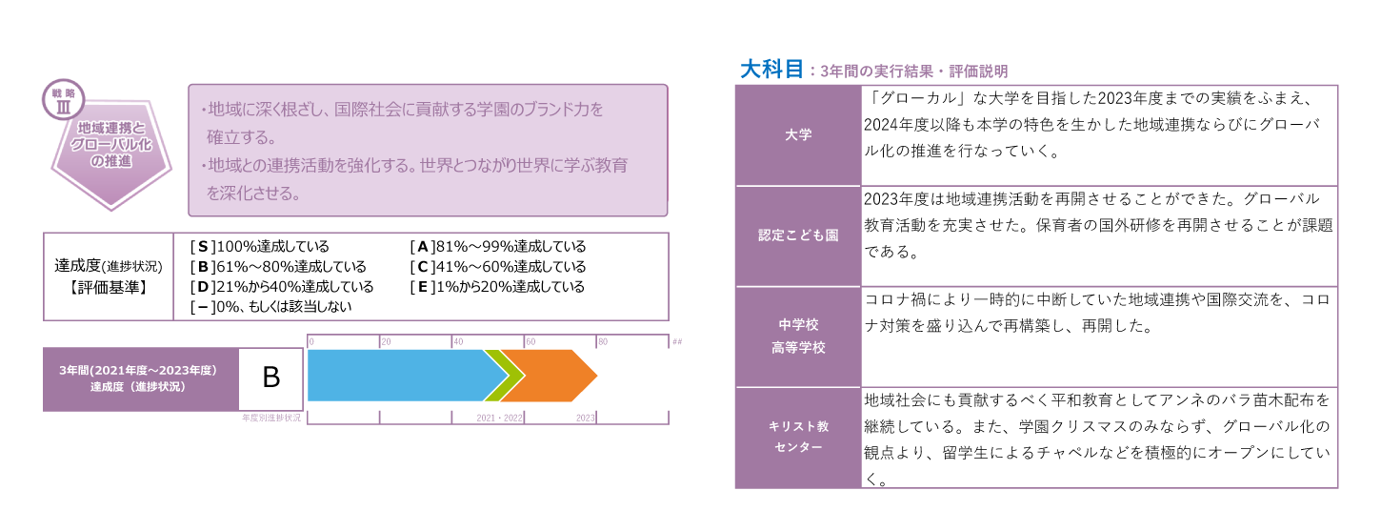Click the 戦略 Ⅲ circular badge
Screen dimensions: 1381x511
pyautogui.click(x=63, y=99)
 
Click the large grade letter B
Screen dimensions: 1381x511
pyautogui.click(x=271, y=378)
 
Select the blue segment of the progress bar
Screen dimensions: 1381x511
pyautogui.click(x=401, y=376)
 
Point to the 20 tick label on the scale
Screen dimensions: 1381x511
pyautogui.click(x=386, y=342)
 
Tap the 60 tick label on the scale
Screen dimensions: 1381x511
pyautogui.click(x=530, y=342)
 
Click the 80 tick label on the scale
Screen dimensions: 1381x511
pyautogui.click(x=603, y=342)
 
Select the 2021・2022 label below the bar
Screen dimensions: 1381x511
pyautogui.click(x=499, y=418)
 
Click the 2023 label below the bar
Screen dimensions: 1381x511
pyautogui.click(x=585, y=418)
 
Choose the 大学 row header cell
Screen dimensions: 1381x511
pyautogui.click(x=798, y=135)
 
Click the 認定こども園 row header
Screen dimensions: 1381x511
pyautogui.click(x=798, y=235)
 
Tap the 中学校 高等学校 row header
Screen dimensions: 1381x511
pyautogui.click(x=798, y=337)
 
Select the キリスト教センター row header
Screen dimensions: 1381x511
pyautogui.click(x=798, y=437)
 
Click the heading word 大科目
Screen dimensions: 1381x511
pyautogui.click(x=771, y=70)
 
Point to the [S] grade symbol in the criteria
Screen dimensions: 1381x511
pyautogui.click(x=203, y=247)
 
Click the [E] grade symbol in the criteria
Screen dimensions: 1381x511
pyautogui.click(x=423, y=287)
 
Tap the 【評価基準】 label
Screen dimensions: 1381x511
pyautogui.click(x=109, y=288)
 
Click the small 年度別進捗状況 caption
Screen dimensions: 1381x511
pyautogui.click(x=271, y=418)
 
